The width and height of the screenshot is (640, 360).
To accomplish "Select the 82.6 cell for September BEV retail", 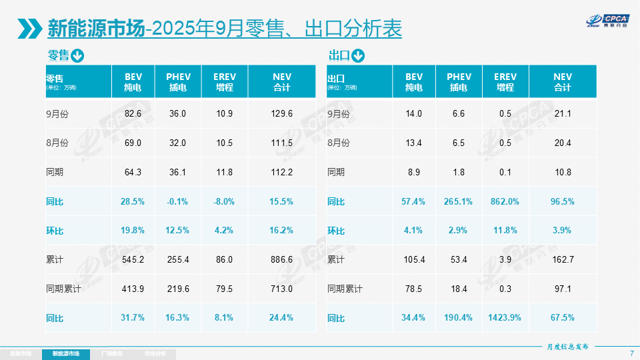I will (x=133, y=114).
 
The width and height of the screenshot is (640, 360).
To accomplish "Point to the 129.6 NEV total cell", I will (x=282, y=114).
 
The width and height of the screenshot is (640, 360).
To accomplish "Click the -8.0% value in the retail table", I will (x=225, y=201).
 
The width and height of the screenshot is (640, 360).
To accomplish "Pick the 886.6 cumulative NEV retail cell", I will (x=282, y=259).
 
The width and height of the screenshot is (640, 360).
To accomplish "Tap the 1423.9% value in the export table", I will (x=505, y=317).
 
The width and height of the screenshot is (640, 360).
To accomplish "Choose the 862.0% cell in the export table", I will (x=505, y=201).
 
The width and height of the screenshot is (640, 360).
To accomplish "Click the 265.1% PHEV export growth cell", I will (x=458, y=201).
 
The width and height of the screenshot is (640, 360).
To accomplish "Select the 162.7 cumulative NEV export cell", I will (x=563, y=259).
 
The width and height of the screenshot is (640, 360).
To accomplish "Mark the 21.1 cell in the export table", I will (x=563, y=114).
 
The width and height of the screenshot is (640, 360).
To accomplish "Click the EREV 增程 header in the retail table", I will (x=225, y=81).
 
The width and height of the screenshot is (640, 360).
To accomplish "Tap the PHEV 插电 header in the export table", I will (x=458, y=81).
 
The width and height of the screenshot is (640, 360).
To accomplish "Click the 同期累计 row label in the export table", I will (x=345, y=289).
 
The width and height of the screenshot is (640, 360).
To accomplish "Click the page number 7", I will (x=631, y=353).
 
